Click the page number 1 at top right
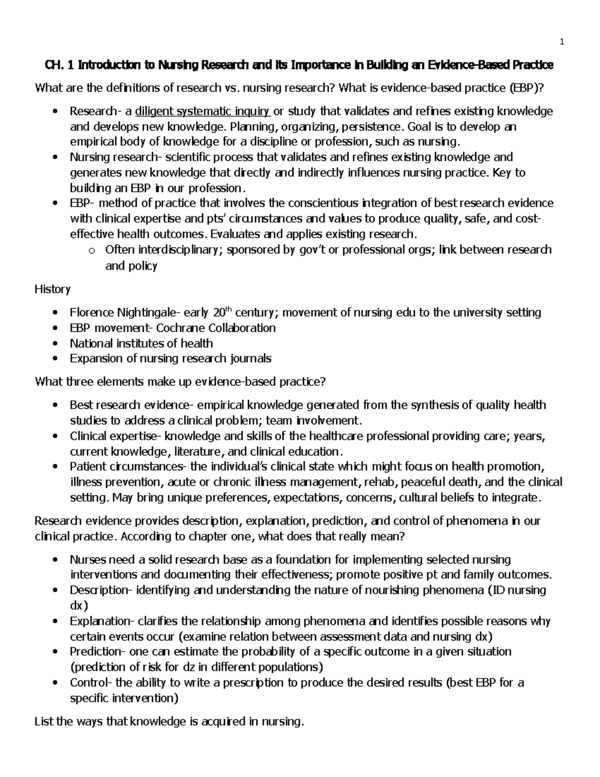coord(562,42)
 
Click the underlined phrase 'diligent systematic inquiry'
coord(203,111)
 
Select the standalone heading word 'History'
coord(52,289)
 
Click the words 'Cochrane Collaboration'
coord(216,328)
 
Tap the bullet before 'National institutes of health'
coord(55,344)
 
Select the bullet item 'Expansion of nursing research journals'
coord(170,359)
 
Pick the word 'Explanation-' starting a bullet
coord(102,621)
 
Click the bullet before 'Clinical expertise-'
coord(55,436)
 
